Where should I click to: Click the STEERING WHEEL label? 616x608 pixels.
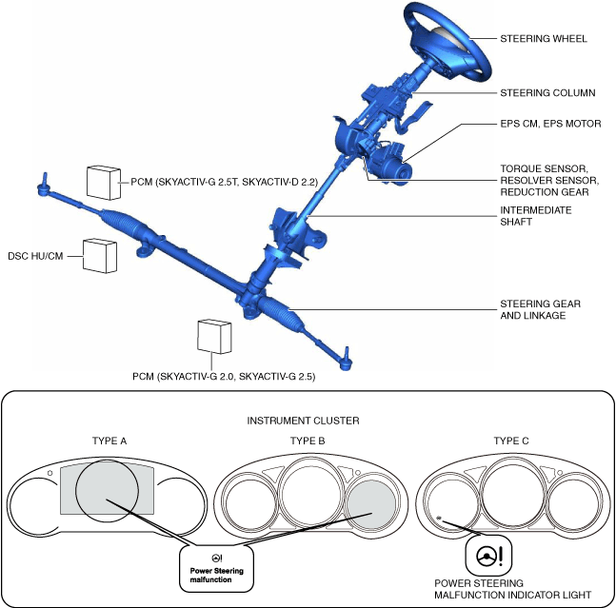pyautogui.click(x=544, y=39)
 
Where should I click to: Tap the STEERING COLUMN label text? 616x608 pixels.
pyautogui.click(x=547, y=93)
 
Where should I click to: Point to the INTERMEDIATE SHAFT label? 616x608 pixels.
pyautogui.click(x=536, y=216)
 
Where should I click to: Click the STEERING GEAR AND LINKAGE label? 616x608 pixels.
pyautogui.click(x=540, y=309)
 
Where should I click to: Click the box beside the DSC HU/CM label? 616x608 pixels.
pyautogui.click(x=100, y=255)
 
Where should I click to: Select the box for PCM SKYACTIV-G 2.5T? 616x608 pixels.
pyautogui.click(x=103, y=180)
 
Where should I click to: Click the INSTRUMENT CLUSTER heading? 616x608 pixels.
pyautogui.click(x=308, y=421)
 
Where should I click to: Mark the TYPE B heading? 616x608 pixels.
pyautogui.click(x=308, y=441)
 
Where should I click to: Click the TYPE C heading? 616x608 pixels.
pyautogui.click(x=514, y=441)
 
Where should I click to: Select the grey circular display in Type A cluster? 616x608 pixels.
pyautogui.click(x=109, y=496)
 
